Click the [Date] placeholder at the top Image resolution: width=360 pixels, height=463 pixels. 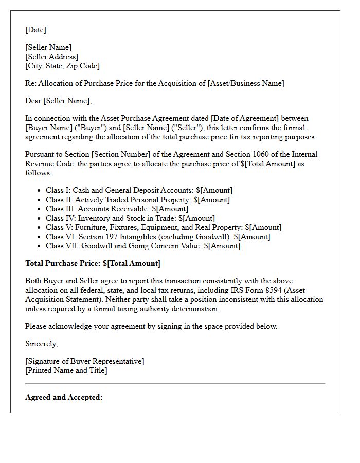tap(35, 30)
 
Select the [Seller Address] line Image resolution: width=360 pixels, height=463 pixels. tap(52, 57)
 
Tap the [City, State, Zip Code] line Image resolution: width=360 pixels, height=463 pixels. tap(62, 66)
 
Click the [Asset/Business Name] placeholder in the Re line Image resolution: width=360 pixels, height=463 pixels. tap(245, 83)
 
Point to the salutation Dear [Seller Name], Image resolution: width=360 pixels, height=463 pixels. tap(58, 101)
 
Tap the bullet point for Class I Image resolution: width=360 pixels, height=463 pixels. tap(40, 191)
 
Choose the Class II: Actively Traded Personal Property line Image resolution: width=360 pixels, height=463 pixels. tap(137, 200)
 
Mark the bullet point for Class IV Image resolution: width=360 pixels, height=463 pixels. tap(40, 219)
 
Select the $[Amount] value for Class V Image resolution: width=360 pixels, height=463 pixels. tap(263, 227)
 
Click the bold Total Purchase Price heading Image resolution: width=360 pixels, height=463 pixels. tap(93, 263)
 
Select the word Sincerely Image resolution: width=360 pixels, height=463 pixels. tap(41, 344)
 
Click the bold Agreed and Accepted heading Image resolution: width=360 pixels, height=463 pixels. tap(64, 397)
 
